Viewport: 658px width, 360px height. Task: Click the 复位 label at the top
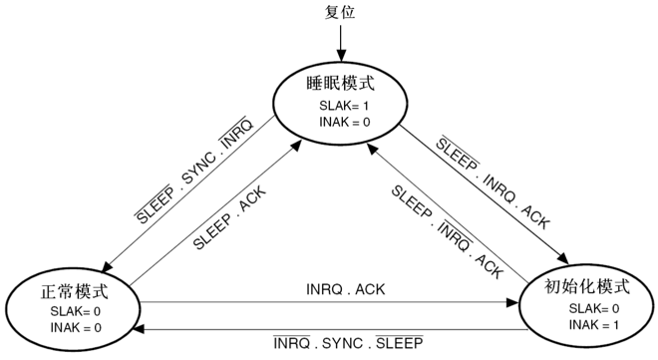[x=340, y=13]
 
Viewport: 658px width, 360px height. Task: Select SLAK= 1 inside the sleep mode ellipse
[x=340, y=106]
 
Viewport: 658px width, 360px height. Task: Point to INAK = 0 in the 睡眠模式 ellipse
[x=340, y=122]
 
